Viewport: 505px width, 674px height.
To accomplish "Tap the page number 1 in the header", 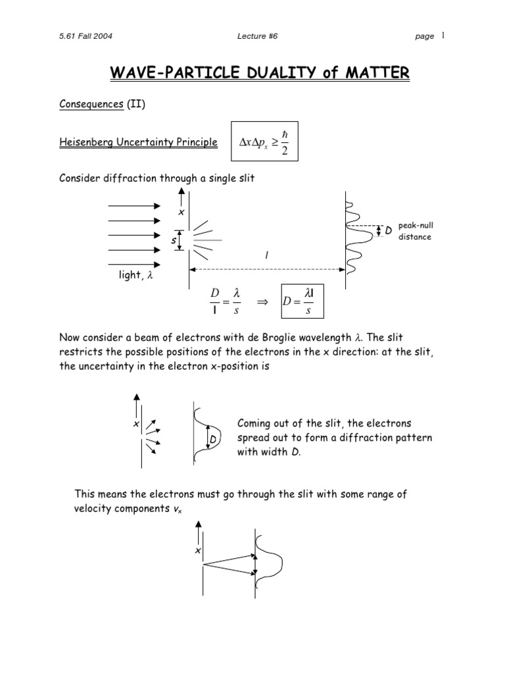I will pos(444,36).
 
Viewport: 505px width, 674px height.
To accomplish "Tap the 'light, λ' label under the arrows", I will pos(135,276).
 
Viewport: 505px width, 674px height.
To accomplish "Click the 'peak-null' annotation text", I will pos(416,226).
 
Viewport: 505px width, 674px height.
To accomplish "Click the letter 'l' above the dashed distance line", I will pos(266,256).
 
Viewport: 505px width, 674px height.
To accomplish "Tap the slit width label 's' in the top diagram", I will pos(174,241).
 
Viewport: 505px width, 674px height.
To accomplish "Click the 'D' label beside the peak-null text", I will pos(389,231).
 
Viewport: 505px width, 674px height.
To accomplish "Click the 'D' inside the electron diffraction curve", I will pos(213,438).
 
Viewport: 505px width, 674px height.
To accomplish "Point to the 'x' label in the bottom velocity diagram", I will pos(197,550).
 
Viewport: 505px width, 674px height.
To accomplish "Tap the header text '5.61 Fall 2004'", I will pos(85,36).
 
